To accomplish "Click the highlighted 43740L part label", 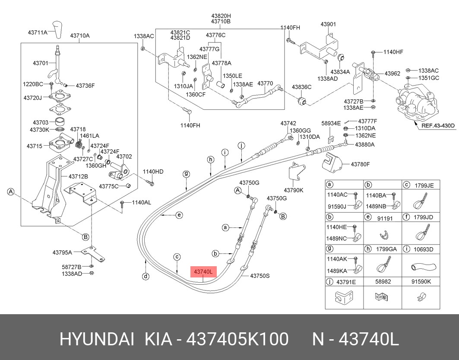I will [203, 272].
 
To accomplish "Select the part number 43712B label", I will [78, 176].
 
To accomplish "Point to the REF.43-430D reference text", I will [438, 126].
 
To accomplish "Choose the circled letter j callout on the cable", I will [241, 145].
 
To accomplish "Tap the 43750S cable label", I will [260, 275].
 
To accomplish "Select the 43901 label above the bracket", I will [328, 24].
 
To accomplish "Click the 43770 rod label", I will [265, 83].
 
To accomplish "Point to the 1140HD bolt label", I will [153, 172].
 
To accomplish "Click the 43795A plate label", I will [63, 252].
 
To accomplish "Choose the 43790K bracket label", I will [294, 190].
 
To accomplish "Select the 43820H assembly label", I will [221, 15].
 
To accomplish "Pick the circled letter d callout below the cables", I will [146, 276].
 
